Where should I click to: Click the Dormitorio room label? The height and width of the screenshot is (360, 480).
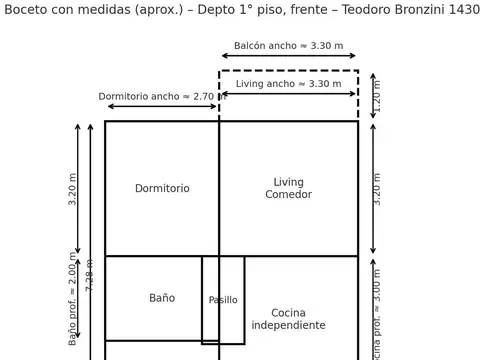162,188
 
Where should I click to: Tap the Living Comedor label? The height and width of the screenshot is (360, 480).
288,188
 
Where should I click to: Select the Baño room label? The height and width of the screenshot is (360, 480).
162,298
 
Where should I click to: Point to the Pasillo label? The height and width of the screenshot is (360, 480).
223,300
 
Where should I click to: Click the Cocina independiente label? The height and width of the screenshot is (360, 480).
288,319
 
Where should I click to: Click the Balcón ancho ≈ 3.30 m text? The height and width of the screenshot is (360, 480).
288,46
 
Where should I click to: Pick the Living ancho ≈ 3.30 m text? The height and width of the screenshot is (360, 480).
288,84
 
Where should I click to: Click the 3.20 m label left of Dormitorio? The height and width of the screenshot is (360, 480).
72,188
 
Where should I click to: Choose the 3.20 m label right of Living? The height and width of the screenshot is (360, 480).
377,188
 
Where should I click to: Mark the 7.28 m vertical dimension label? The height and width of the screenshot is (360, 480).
90,274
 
